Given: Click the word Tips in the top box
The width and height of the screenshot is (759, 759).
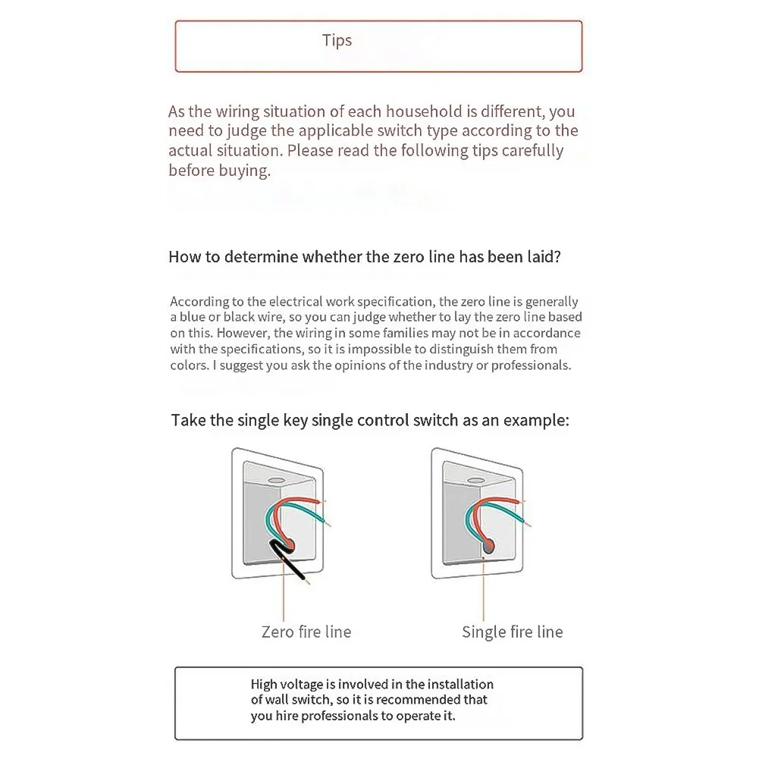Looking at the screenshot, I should coord(337,40).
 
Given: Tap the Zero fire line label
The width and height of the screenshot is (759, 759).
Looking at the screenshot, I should coord(306,632).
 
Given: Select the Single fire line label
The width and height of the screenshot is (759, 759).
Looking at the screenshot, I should coord(512,632).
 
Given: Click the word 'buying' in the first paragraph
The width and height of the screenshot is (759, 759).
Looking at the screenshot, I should coord(246,170).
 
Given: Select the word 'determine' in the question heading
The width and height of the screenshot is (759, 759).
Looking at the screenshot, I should coord(260,256).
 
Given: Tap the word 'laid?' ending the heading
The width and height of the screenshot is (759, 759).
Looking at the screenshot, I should coord(544,256).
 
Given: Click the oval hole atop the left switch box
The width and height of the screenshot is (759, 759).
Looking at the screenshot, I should coord(274,481).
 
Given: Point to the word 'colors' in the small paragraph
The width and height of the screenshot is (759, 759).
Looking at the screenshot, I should coord(189,365).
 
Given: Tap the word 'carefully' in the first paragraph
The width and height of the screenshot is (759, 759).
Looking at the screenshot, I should coord(530,150).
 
